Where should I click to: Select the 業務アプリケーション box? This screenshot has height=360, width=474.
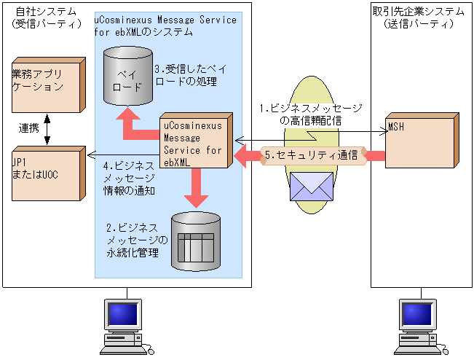pyautogui.click(x=43, y=85)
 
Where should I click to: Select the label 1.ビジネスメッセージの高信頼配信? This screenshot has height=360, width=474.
pyautogui.click(x=311, y=114)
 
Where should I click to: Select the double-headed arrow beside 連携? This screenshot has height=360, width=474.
pyautogui.click(x=48, y=128)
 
